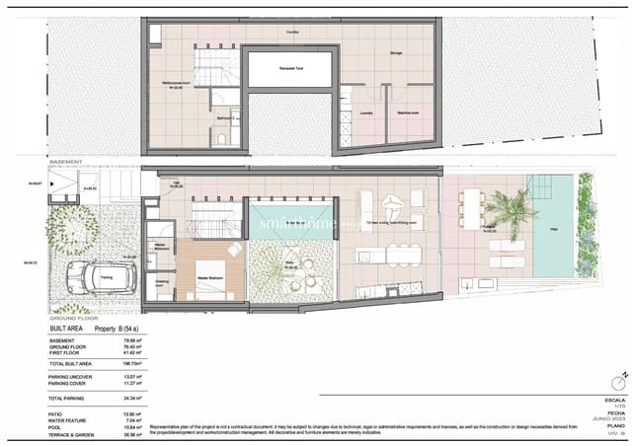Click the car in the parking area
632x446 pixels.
click(x=99, y=278)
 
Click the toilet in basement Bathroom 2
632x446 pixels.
click(x=224, y=139)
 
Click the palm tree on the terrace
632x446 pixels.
click(x=513, y=209)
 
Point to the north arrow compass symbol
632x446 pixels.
click(x=619, y=382)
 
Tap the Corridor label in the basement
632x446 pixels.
click(x=291, y=32)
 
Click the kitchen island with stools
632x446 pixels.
click(x=400, y=254)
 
